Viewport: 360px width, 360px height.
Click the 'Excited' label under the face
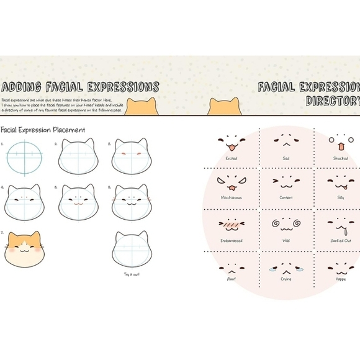(232, 158)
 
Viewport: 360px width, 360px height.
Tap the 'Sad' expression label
(286, 158)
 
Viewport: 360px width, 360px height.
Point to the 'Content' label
(286, 197)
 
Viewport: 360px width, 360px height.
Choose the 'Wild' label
(286, 240)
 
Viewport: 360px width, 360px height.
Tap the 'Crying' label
(286, 280)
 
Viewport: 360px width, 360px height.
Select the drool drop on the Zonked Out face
(341, 231)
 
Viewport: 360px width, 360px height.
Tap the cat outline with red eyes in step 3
(130, 157)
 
